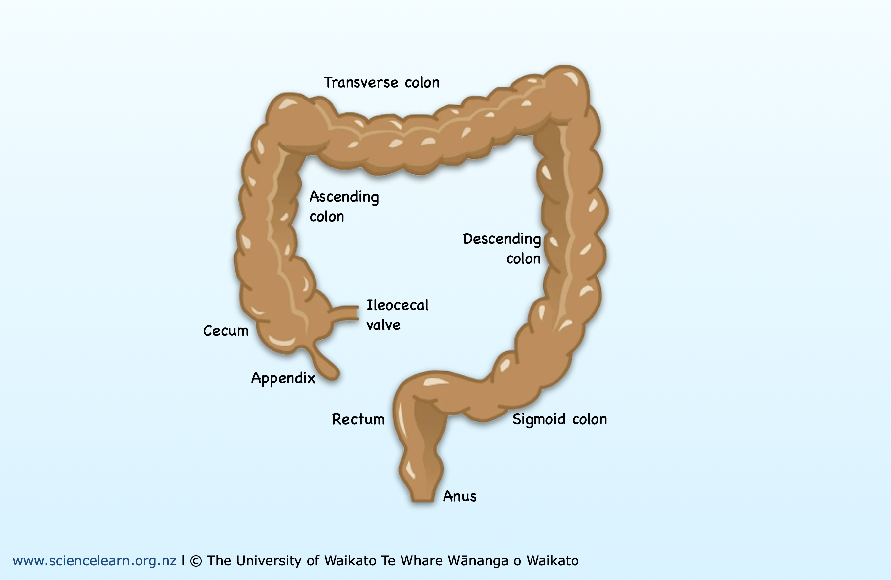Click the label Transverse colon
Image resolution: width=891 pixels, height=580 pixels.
pyautogui.click(x=381, y=83)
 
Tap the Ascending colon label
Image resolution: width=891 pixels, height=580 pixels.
pyautogui.click(x=344, y=206)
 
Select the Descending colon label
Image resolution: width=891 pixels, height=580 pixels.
pyautogui.click(x=502, y=248)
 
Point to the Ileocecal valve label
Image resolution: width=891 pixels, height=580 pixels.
pyautogui.click(x=397, y=315)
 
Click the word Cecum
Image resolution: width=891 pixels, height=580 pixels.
pyautogui.click(x=225, y=331)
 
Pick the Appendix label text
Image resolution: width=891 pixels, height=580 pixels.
pyautogui.click(x=283, y=378)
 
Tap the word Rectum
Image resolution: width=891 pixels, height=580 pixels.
pyautogui.click(x=358, y=419)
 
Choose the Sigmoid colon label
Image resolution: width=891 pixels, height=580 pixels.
pyautogui.click(x=559, y=419)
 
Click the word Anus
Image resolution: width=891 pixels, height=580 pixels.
pyautogui.click(x=459, y=496)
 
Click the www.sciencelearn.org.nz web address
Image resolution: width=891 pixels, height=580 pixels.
pyautogui.click(x=94, y=561)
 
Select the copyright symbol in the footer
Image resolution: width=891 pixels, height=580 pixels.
pyautogui.click(x=195, y=561)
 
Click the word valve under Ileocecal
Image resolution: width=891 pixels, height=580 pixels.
pyautogui.click(x=383, y=325)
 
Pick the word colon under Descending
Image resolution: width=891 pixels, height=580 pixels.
pyautogui.click(x=523, y=259)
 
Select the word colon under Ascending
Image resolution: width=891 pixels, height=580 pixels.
pyautogui.click(x=326, y=217)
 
